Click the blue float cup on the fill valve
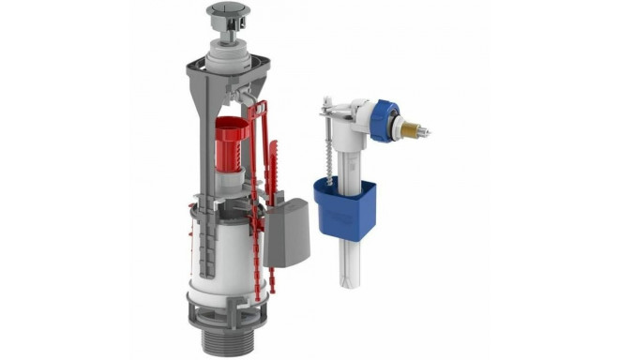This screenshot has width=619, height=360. [360, 209]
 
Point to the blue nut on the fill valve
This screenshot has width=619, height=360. [382, 121]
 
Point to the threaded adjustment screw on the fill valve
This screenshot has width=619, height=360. [331, 150]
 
